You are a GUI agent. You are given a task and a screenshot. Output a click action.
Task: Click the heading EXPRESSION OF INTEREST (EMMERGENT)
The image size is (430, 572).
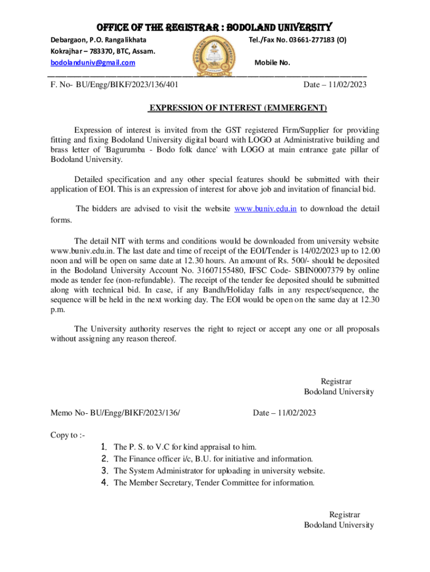click(x=237, y=108)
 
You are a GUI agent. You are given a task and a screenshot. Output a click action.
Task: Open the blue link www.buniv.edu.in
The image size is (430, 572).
click(x=265, y=209)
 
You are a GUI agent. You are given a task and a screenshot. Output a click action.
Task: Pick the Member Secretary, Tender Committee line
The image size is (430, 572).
click(x=214, y=482)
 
